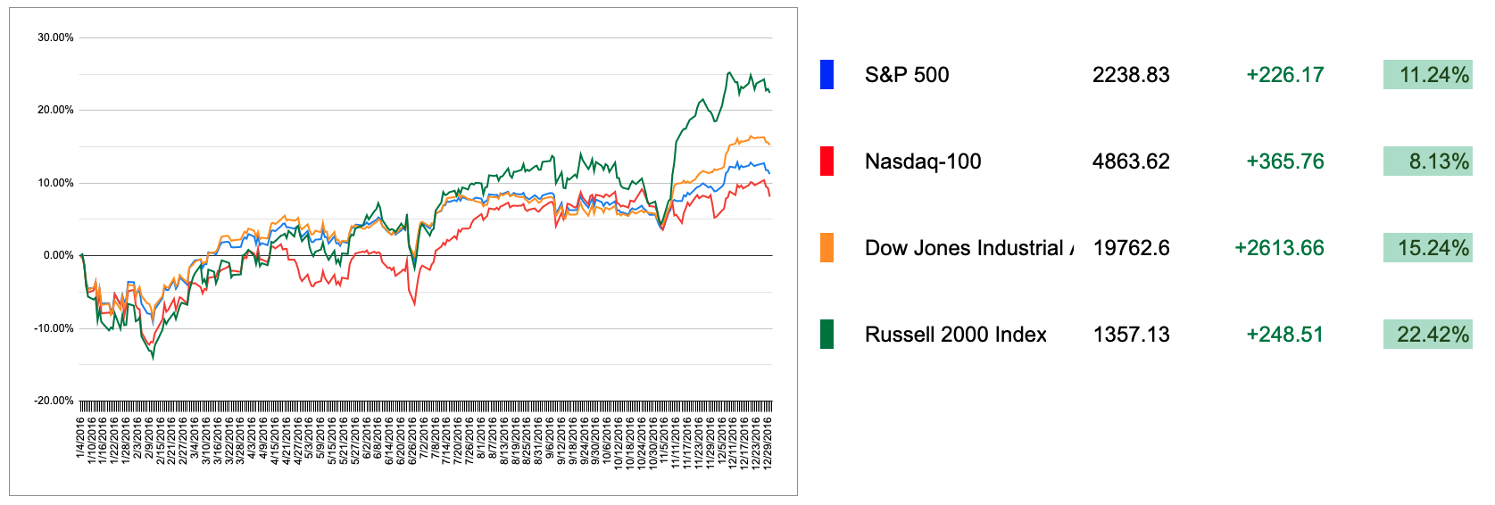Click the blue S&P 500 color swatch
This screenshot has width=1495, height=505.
pyautogui.click(x=826, y=75)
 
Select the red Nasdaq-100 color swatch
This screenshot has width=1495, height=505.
pyautogui.click(x=826, y=161)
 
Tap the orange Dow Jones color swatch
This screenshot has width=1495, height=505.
pyautogui.click(x=826, y=248)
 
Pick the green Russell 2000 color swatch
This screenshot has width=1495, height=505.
pyautogui.click(x=826, y=335)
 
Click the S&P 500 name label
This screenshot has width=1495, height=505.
pyautogui.click(x=907, y=75)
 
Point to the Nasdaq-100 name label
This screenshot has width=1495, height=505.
pyautogui.click(x=923, y=161)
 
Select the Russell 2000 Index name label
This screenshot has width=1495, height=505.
pyautogui.click(x=955, y=335)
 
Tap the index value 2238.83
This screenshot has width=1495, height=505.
pyautogui.click(x=1131, y=75)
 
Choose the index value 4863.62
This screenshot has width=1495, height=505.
pyautogui.click(x=1131, y=161)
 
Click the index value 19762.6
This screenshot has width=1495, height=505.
pyautogui.click(x=1131, y=248)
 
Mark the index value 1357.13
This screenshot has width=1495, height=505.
pyautogui.click(x=1131, y=335)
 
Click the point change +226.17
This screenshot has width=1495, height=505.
pyautogui.click(x=1284, y=75)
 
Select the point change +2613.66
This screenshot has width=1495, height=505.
pyautogui.click(x=1279, y=248)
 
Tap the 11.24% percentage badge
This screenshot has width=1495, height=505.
pyautogui.click(x=1428, y=75)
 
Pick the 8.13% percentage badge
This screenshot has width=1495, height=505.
pyautogui.click(x=1428, y=161)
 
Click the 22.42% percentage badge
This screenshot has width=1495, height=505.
pyautogui.click(x=1428, y=335)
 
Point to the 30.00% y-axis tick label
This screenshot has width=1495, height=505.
pyautogui.click(x=55, y=37)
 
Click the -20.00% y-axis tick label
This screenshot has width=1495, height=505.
pyautogui.click(x=54, y=401)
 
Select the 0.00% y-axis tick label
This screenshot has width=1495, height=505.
pyautogui.click(x=58, y=255)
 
